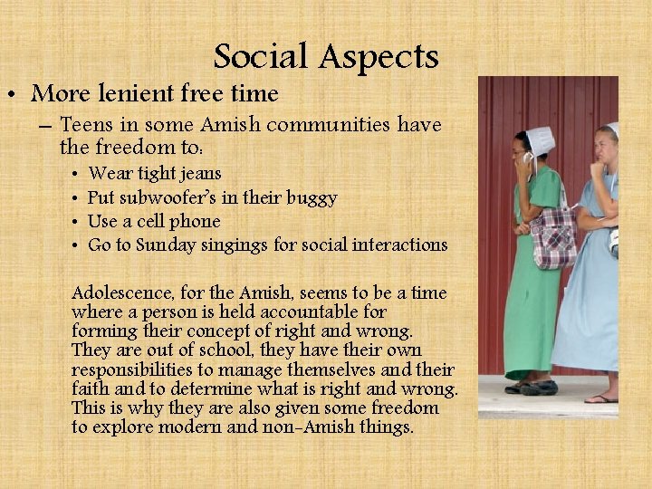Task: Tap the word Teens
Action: point(88,124)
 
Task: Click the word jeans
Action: point(200,174)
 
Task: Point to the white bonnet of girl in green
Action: point(541,139)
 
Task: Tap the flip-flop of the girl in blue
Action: point(600,398)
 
